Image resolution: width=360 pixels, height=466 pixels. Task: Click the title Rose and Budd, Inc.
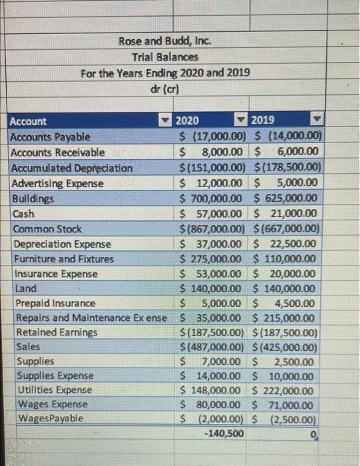164,41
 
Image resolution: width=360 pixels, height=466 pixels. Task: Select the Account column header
29,121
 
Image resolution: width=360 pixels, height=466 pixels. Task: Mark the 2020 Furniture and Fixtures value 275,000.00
215,259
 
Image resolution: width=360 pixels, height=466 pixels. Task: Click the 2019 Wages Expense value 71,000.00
290,404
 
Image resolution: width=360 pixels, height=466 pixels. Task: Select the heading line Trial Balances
164,57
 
